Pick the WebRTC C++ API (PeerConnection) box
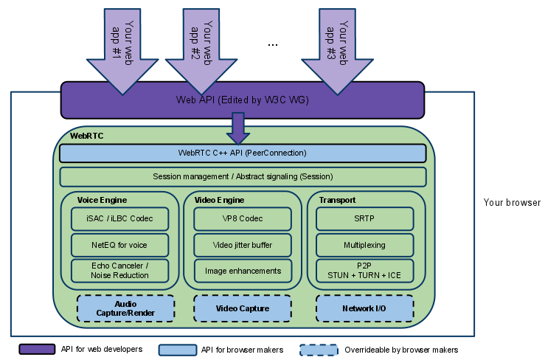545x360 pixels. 243,153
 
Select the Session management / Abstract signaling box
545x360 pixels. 243,177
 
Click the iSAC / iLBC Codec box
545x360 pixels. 120,219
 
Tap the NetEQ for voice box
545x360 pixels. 120,245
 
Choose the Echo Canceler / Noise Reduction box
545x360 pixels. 120,271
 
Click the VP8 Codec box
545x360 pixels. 242,219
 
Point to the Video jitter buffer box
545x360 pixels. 242,245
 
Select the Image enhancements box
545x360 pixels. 242,271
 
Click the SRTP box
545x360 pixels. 364,219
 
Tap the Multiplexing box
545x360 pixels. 364,245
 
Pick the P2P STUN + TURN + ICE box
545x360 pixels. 364,271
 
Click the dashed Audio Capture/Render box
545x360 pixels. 125,308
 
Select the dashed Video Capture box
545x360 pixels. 242,308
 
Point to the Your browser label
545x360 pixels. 512,202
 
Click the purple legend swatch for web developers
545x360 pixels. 37,349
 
